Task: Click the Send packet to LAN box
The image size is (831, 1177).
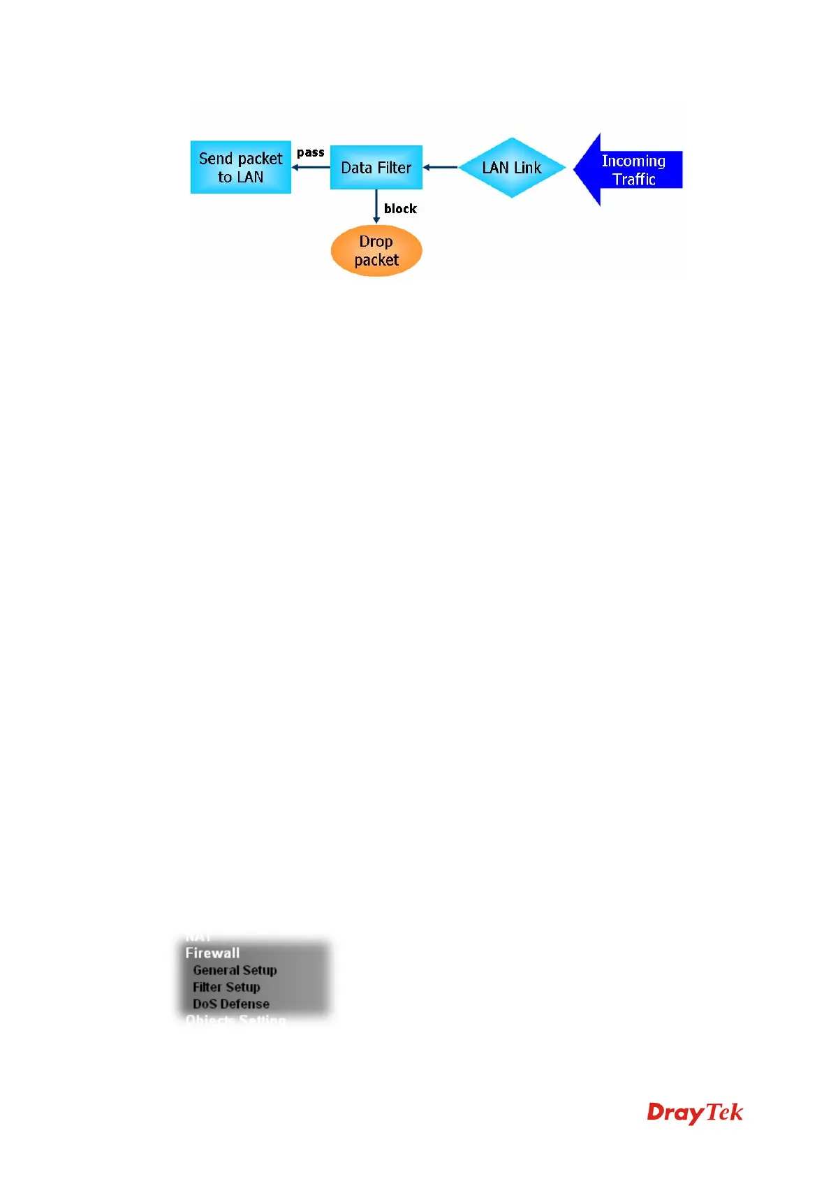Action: click(240, 168)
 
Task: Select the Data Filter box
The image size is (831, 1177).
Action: click(376, 168)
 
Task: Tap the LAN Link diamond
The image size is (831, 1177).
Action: click(511, 168)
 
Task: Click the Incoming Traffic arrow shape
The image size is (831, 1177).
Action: click(628, 170)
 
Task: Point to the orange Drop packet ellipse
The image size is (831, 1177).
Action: click(376, 251)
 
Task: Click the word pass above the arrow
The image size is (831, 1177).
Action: click(310, 152)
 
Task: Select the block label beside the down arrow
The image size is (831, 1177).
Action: click(400, 208)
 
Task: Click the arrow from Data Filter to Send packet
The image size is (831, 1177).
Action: click(311, 168)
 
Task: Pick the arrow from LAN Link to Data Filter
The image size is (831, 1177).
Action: click(440, 168)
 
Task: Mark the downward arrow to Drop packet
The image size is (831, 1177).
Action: click(376, 206)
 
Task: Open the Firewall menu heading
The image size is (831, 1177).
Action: click(212, 953)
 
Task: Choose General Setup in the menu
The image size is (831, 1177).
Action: click(235, 970)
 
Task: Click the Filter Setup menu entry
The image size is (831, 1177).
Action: click(226, 987)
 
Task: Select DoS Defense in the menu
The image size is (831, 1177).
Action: click(231, 1004)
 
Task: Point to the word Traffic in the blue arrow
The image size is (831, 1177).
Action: click(634, 179)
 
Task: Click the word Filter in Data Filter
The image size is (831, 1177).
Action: click(395, 168)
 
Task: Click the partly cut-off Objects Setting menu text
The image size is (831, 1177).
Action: click(235, 1020)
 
